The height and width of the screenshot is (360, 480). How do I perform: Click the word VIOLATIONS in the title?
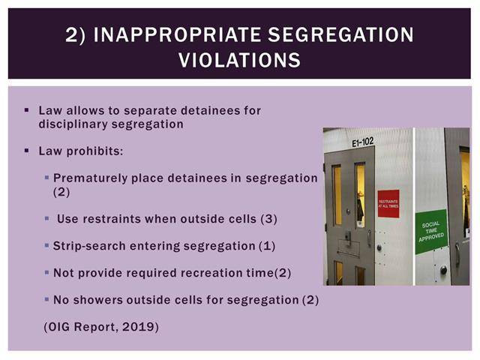coord(239,60)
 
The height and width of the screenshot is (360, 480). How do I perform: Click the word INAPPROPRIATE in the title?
coord(177,34)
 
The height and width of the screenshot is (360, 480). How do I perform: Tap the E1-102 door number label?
coord(362,142)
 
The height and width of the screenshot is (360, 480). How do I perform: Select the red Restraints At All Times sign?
coord(388,203)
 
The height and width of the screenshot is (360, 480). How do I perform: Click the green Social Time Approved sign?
coord(431,232)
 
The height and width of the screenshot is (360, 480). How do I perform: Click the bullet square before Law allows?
coord(27,110)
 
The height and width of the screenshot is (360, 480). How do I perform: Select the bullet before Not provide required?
coord(46,272)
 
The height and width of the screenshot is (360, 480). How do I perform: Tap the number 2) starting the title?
coord(75,35)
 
